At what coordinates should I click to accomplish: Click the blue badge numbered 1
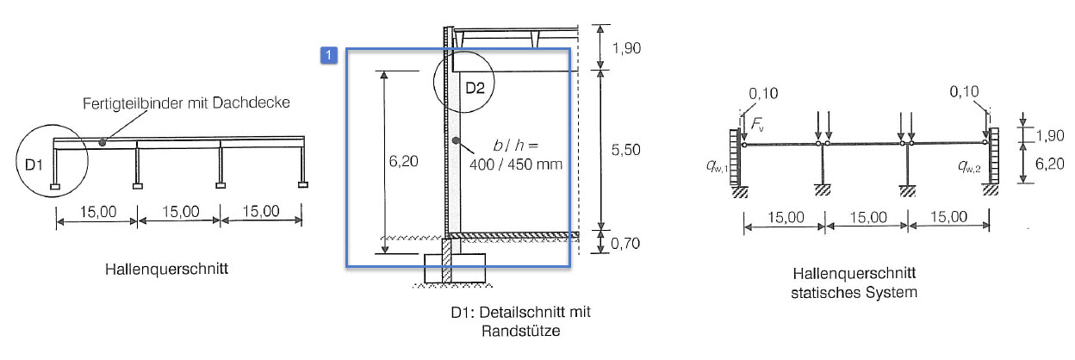click(x=328, y=56)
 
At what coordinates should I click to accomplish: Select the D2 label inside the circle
click(x=475, y=88)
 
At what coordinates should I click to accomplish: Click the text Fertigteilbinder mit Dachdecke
click(x=186, y=102)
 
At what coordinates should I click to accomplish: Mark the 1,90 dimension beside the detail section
click(x=627, y=51)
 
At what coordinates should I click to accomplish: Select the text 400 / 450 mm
click(x=519, y=163)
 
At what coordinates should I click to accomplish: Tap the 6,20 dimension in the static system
click(x=1043, y=161)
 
